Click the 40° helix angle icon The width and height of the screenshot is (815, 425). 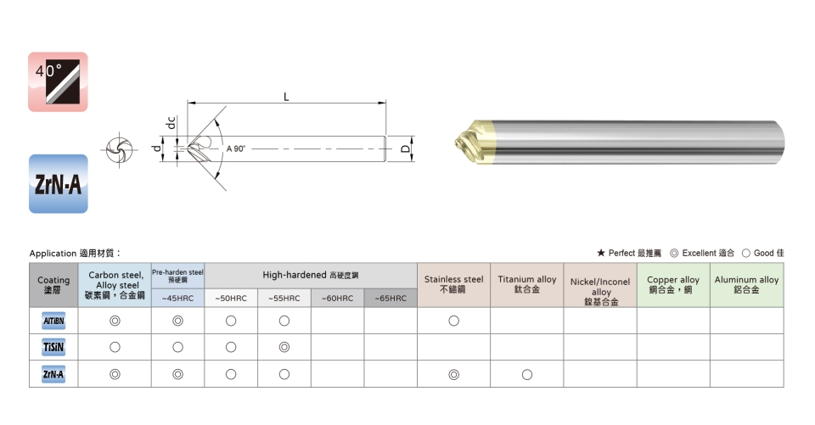point(58,81)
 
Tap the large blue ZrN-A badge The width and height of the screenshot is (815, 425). point(59,183)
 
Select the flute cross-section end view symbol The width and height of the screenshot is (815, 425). point(119,150)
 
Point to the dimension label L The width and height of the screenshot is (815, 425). point(286,97)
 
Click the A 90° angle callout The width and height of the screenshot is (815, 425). point(235,148)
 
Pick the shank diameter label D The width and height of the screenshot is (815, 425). point(406,149)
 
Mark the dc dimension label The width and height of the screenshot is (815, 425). point(171,123)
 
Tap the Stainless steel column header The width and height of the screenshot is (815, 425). point(453,284)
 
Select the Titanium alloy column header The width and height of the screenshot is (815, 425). point(527,284)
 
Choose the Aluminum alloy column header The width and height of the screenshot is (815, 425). point(746,284)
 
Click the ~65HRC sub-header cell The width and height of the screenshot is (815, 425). point(391,299)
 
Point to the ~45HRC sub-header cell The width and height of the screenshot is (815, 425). point(177,299)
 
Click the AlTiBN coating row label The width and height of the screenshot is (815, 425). point(53,321)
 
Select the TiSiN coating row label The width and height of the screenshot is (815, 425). point(53,347)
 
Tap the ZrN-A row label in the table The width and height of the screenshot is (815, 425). point(53,374)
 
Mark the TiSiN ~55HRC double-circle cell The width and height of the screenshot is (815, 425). point(284,347)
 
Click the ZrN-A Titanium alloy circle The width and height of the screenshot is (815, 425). point(527,374)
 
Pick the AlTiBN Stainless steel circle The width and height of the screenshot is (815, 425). point(453,321)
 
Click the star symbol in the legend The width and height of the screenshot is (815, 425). point(601,253)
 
